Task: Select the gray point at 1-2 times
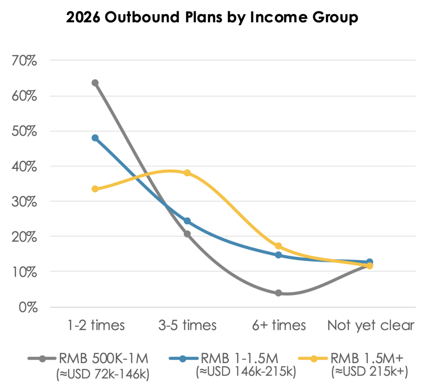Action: click(95, 83)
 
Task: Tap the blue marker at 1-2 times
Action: click(95, 138)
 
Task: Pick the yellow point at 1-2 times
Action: click(95, 189)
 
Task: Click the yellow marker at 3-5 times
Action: click(187, 173)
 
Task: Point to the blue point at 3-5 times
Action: click(187, 221)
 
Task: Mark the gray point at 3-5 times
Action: click(187, 234)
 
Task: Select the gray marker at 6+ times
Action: click(278, 293)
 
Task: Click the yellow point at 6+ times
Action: click(278, 246)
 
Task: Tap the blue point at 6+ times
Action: click(278, 255)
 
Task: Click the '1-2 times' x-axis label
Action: click(96, 325)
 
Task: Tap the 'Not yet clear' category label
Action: click(371, 325)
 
